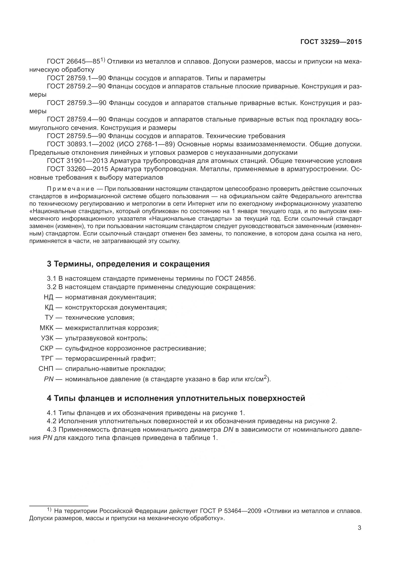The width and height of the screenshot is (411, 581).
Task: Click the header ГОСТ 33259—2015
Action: [x=331, y=42]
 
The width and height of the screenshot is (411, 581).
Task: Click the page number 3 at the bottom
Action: [x=359, y=528]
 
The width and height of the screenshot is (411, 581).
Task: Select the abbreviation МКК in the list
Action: [x=46, y=328]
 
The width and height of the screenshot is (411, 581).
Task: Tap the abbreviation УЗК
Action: [x=47, y=338]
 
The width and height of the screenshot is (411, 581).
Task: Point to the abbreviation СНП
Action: [x=46, y=369]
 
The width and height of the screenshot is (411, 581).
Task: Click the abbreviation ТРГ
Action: [x=47, y=359]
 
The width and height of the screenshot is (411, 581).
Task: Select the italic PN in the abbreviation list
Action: [x=49, y=379]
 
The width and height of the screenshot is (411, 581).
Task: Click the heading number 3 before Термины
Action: [x=49, y=264]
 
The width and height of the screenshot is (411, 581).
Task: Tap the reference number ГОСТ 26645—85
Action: [x=73, y=62]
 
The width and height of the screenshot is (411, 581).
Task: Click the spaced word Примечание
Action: [x=71, y=189]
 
